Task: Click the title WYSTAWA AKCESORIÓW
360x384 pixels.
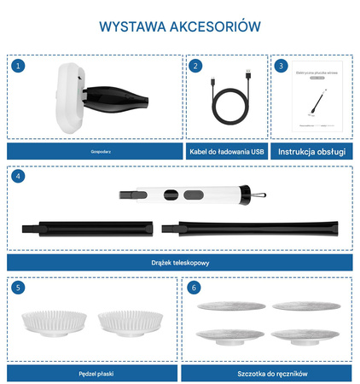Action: click(x=179, y=26)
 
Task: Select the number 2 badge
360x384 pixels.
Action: click(x=195, y=66)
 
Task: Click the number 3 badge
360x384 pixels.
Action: click(x=282, y=66)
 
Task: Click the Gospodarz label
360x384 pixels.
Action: click(x=93, y=151)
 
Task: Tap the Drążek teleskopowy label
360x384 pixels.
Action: click(x=179, y=263)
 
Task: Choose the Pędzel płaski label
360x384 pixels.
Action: click(x=93, y=373)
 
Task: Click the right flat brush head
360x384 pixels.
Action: click(x=128, y=322)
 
